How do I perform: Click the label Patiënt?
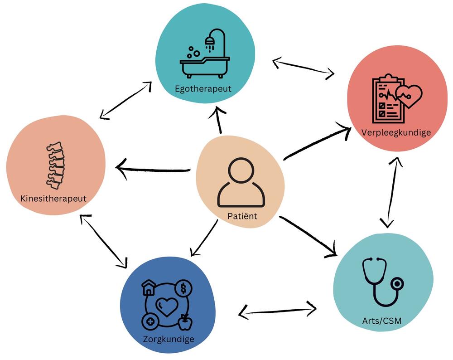click(242, 216)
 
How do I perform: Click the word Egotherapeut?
click(203, 88)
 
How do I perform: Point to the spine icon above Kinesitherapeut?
click(55, 165)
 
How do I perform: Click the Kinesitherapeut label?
click(53, 199)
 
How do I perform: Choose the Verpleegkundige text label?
click(396, 132)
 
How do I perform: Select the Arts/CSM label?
click(381, 321)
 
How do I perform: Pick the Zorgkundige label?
click(169, 339)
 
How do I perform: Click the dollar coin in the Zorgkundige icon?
click(183, 287)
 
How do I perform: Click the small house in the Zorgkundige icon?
click(149, 287)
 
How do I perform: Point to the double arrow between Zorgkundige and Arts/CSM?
click(277, 311)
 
